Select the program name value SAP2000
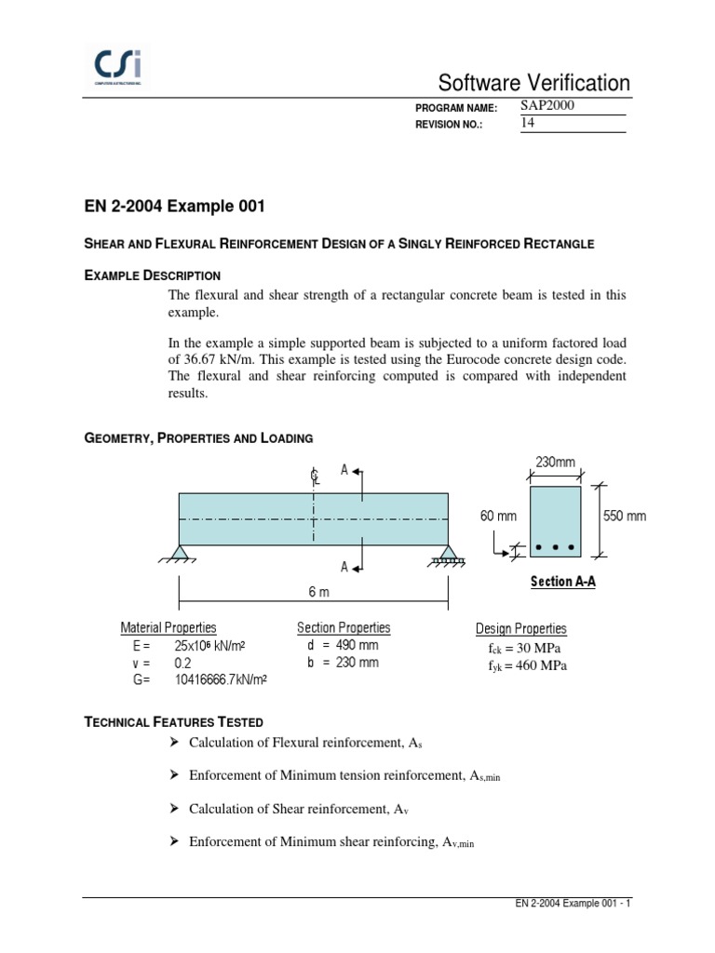point(547,106)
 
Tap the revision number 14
point(528,124)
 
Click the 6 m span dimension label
point(317,592)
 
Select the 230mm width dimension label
point(555,463)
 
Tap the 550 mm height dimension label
point(625,517)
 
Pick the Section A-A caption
point(563,582)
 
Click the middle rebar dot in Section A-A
point(556,547)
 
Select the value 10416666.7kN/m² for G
point(221,680)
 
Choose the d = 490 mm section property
point(343,645)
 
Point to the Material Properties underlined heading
point(169,628)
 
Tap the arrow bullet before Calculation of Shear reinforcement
point(173,810)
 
